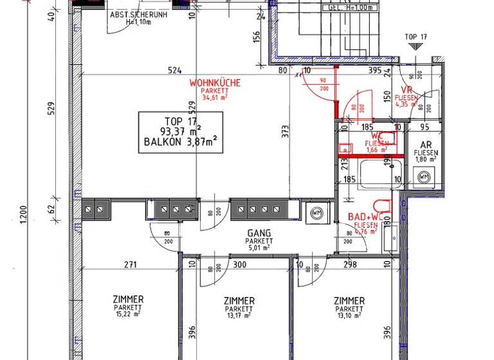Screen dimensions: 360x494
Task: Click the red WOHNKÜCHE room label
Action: tap(215, 84)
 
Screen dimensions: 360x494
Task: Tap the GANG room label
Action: tap(258, 233)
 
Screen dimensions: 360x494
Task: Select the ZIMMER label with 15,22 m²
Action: tap(127, 300)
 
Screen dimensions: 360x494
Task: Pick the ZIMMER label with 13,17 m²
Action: tap(239, 301)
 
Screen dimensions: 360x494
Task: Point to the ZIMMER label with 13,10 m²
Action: tap(349, 301)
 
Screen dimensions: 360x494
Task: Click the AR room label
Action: tap(426, 145)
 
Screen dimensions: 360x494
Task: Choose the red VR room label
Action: tap(407, 90)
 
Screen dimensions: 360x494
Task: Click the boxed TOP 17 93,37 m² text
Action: tap(181, 132)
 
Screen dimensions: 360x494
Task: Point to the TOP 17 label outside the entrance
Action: tap(415, 37)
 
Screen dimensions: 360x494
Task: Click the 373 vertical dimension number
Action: tap(284, 132)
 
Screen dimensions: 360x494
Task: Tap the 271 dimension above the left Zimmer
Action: tap(131, 264)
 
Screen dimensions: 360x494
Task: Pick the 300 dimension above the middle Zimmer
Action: tap(240, 264)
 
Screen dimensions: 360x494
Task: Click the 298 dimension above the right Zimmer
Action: tap(350, 264)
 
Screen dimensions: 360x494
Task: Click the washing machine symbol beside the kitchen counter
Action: tap(316, 212)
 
